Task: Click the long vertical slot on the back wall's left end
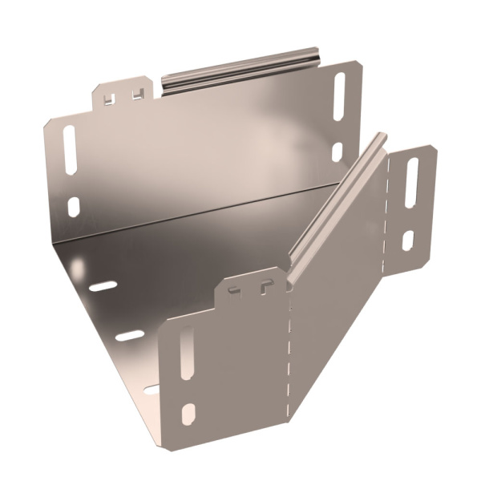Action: (x=70, y=150)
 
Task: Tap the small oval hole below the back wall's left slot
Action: (x=74, y=207)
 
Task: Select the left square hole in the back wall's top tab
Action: (x=111, y=98)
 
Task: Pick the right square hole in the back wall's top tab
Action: (x=139, y=94)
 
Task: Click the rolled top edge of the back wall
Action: (x=240, y=67)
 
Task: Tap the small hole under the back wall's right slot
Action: (x=338, y=151)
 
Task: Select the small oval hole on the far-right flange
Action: (x=407, y=240)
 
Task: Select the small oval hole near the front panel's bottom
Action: (x=188, y=414)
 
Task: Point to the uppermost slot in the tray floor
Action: (x=103, y=285)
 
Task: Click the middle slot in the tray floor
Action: (x=128, y=335)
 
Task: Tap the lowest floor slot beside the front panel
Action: (x=152, y=390)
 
